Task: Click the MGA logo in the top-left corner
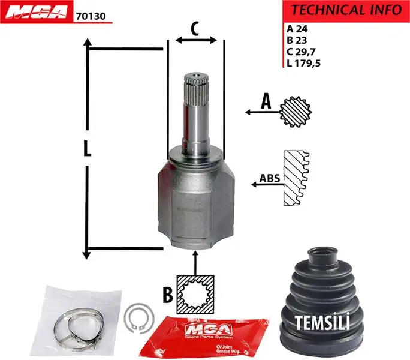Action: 37,13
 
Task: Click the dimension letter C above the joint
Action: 195,28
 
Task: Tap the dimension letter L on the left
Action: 88,148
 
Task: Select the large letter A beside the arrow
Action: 265,103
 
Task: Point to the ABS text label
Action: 269,178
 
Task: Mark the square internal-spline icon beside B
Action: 196,294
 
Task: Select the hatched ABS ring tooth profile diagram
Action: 297,179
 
